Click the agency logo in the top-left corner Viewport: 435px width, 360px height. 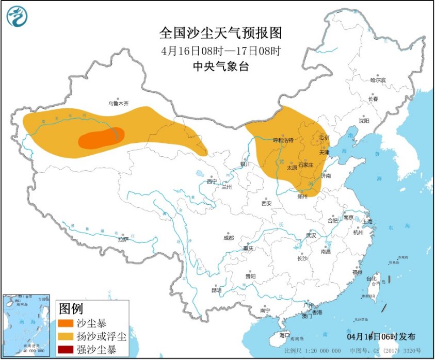17,17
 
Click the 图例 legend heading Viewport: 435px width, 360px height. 71,309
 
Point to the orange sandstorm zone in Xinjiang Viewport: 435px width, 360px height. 101,138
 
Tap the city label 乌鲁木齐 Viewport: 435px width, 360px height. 118,104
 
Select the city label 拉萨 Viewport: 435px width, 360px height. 122,239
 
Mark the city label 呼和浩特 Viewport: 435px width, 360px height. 283,140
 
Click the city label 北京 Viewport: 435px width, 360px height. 324,137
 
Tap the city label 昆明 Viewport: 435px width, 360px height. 216,290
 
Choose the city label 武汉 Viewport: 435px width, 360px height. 310,235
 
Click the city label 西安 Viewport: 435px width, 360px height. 266,203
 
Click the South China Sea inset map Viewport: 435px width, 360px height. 26,325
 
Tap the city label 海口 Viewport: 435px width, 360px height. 284,335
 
